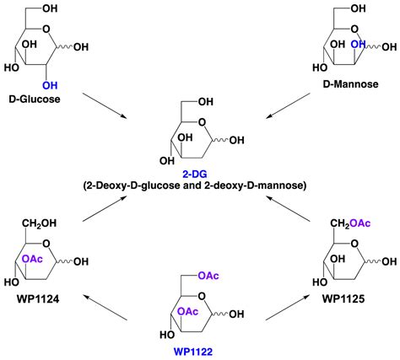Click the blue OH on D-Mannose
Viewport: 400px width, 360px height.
point(357,43)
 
